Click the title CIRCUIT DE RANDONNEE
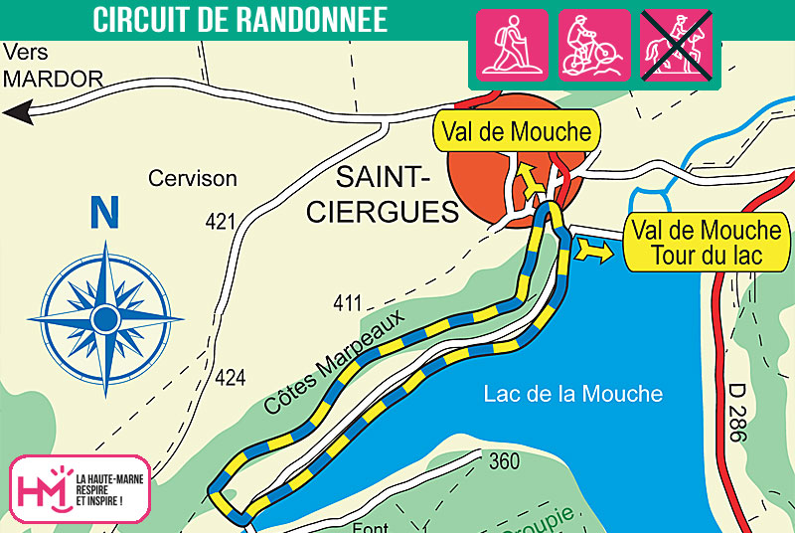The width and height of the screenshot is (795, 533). click(x=239, y=20)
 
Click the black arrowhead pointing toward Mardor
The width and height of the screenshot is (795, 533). click(x=14, y=114)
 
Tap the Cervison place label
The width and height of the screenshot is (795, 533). click(x=193, y=179)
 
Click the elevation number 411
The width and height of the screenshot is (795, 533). click(x=348, y=303)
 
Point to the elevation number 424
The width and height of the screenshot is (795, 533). click(x=230, y=377)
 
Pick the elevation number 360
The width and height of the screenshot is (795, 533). click(x=505, y=461)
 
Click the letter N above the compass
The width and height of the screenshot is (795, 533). click(x=103, y=212)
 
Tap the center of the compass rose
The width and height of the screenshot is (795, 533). click(x=105, y=318)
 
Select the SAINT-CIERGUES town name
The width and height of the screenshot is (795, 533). click(x=383, y=195)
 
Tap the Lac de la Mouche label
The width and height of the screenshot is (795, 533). click(x=572, y=394)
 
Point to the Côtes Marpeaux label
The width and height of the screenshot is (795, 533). click(x=336, y=363)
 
